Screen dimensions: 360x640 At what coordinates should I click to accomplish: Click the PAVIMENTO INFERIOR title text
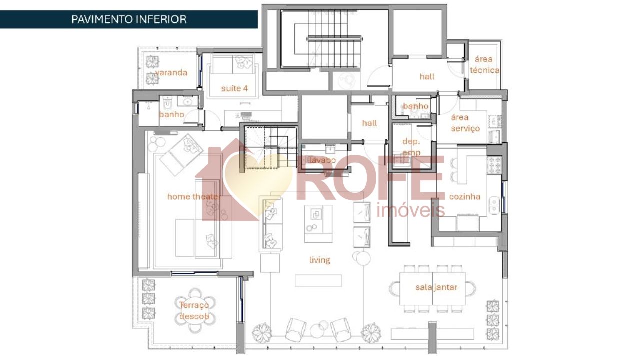coord(129,19)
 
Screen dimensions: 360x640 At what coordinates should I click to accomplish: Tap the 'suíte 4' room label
coord(234,88)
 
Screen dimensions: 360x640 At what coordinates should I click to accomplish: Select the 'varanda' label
coord(171,72)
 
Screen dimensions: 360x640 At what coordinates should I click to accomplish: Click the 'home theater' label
coord(193,196)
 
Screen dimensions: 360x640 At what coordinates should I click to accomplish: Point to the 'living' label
coord(319,260)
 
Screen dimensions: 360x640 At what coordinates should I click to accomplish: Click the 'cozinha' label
coord(464,196)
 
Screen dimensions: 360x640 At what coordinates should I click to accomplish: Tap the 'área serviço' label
coord(465,123)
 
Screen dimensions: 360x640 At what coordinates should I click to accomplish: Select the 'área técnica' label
coord(484,65)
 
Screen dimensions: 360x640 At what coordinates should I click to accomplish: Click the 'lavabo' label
coord(322,160)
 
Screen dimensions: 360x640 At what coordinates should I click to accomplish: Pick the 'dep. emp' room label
coord(411,147)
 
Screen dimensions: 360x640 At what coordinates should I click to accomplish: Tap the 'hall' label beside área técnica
coord(427,76)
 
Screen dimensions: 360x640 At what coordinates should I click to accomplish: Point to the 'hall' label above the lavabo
coord(369,123)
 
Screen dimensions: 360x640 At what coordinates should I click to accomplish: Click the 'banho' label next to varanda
coord(171,114)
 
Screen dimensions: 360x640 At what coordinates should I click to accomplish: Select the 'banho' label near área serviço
coord(415,106)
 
